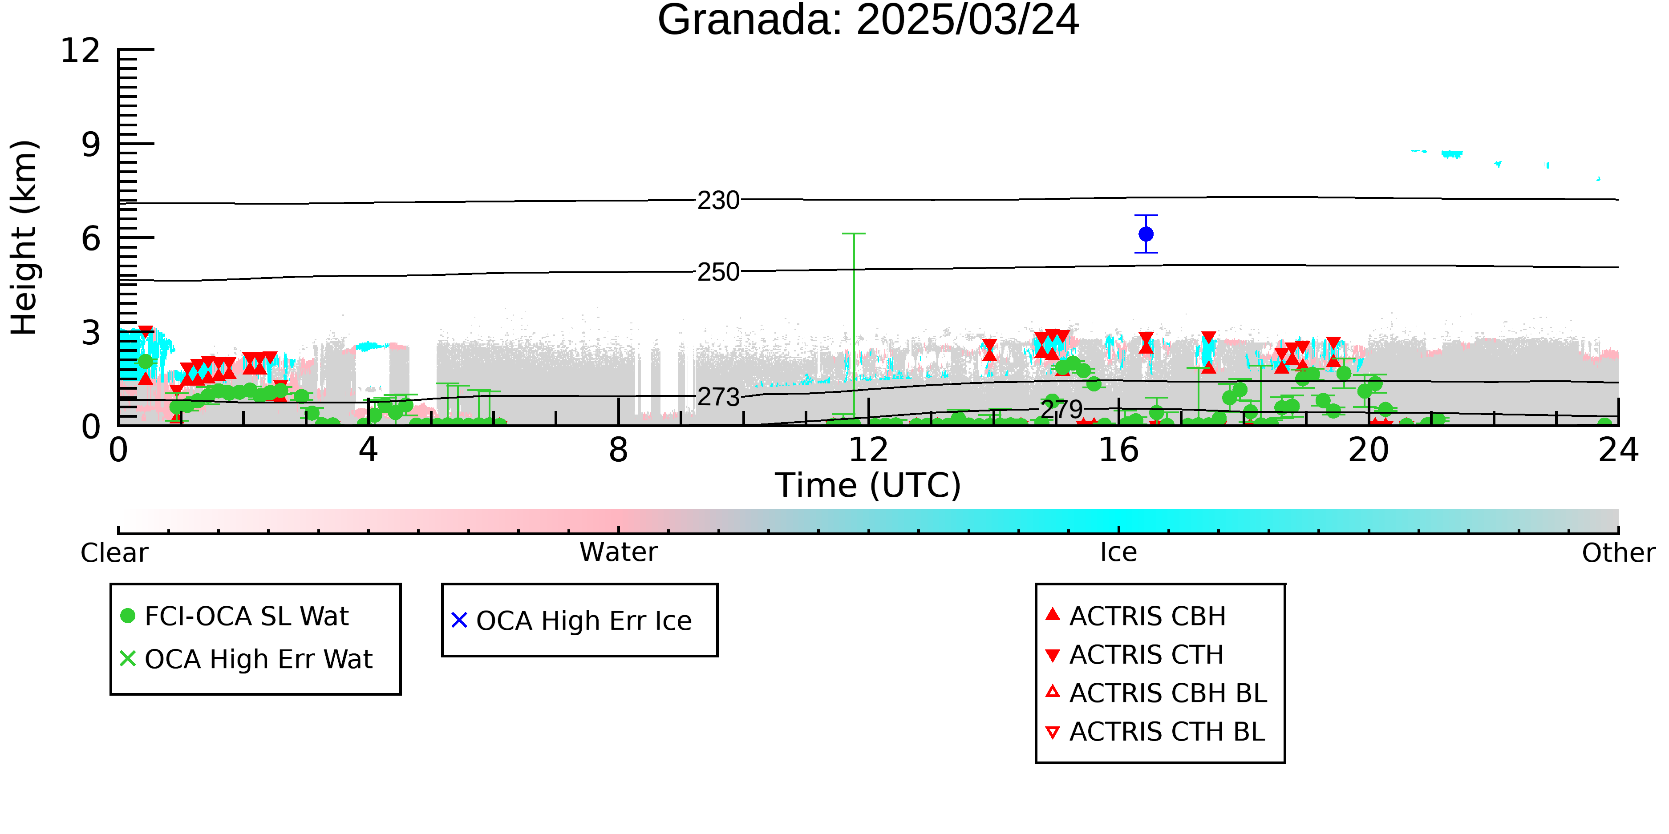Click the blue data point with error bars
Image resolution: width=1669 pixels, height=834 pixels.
pyautogui.click(x=1146, y=234)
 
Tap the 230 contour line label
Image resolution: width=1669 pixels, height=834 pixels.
pyautogui.click(x=718, y=201)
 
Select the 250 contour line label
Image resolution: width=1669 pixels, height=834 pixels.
pyautogui.click(x=718, y=272)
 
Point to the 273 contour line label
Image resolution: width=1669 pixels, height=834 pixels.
pyautogui.click(x=718, y=397)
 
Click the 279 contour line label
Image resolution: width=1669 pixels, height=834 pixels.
pyautogui.click(x=1061, y=409)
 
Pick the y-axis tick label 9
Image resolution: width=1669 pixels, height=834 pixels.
pyautogui.click(x=91, y=145)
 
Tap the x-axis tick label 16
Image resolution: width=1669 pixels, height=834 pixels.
pyautogui.click(x=1118, y=450)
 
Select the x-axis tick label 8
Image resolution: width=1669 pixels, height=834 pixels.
pyautogui.click(x=619, y=450)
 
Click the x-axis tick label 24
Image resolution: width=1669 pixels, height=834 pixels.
pyautogui.click(x=1618, y=450)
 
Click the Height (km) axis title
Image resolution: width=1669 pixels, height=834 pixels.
pyautogui.click(x=24, y=238)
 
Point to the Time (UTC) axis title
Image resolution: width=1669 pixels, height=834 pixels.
pyautogui.click(x=868, y=486)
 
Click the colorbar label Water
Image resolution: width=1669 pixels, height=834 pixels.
pyautogui.click(x=619, y=552)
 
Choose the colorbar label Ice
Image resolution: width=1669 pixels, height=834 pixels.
pyautogui.click(x=1118, y=552)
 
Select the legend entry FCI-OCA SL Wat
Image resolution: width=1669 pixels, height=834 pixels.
pyautogui.click(x=235, y=616)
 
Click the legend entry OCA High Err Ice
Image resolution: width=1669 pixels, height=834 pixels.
pyautogui.click(x=572, y=620)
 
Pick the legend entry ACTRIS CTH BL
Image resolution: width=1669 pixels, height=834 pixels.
pyautogui.click(x=1155, y=732)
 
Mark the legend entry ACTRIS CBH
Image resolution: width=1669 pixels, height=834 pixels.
pyautogui.click(x=1136, y=616)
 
